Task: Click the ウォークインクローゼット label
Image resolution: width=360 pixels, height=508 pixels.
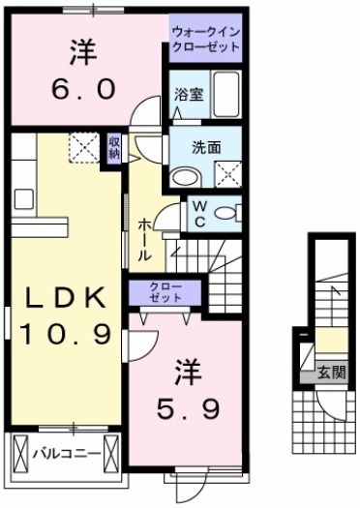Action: pos(204,40)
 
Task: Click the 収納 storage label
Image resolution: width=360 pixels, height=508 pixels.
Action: pos(114,147)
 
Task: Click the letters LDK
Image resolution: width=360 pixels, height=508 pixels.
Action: pos(65,296)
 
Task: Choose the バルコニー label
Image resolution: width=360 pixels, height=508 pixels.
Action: pos(64,452)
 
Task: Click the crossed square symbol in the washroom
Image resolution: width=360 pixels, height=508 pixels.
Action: pos(228,175)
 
